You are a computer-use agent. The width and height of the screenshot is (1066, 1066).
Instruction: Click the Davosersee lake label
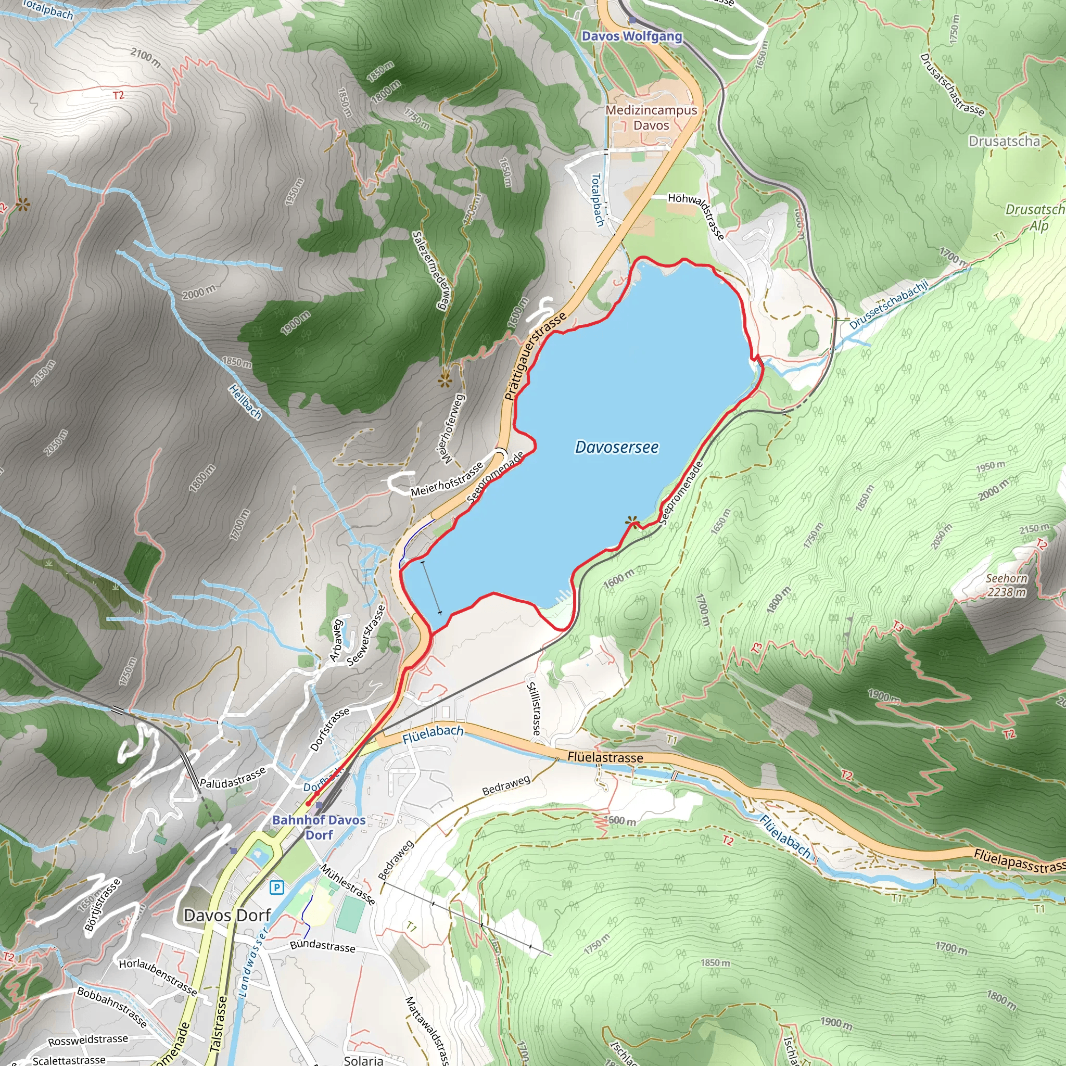(x=616, y=447)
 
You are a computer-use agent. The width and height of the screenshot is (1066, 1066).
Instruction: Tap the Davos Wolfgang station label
(x=632, y=36)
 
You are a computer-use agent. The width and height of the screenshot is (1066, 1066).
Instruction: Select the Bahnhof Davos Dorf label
(x=319, y=827)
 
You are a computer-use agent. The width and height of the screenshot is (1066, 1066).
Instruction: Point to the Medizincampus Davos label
(x=651, y=118)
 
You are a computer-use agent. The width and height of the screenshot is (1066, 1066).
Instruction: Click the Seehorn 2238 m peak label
(x=1007, y=585)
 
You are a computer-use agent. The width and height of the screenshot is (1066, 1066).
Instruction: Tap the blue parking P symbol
(x=276, y=888)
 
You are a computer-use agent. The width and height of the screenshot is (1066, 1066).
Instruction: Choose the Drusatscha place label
(x=1004, y=141)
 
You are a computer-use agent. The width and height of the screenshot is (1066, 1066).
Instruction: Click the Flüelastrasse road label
(x=605, y=757)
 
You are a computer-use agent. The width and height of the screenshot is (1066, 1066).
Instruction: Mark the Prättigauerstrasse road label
(x=535, y=357)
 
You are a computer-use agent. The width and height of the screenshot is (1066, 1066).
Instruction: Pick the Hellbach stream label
(x=245, y=401)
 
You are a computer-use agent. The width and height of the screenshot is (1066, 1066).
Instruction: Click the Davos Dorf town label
(x=227, y=916)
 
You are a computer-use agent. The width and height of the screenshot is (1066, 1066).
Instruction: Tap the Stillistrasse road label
(x=534, y=708)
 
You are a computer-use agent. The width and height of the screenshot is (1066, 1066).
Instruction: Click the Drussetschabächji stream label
(x=889, y=304)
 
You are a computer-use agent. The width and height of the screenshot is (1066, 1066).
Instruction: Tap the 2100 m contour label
(x=146, y=57)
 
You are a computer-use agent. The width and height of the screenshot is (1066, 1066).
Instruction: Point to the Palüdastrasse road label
(x=233, y=778)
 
